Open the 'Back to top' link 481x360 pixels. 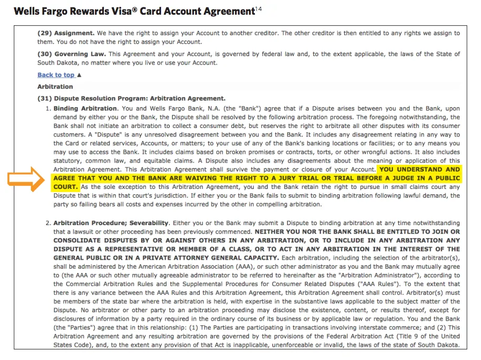pyautogui.click(x=56, y=75)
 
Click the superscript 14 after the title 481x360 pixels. pyautogui.click(x=258, y=8)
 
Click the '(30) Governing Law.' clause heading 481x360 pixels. pyautogui.click(x=71, y=54)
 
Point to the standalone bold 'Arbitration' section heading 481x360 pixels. pyautogui.click(x=55, y=87)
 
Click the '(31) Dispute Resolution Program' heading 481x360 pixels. pyautogui.click(x=131, y=98)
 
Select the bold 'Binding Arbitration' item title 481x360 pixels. pyautogui.click(x=85, y=109)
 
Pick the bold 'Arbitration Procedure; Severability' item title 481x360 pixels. pyautogui.click(x=111, y=223)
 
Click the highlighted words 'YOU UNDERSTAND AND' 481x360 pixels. pyautogui.click(x=420, y=170)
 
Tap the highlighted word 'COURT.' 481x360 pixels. pyautogui.click(x=66, y=187)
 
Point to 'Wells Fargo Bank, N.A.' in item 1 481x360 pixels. pyautogui.click(x=171, y=109)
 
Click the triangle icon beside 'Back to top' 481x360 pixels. pyautogui.click(x=79, y=75)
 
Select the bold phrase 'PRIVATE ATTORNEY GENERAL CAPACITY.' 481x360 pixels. pyautogui.click(x=213, y=258)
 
